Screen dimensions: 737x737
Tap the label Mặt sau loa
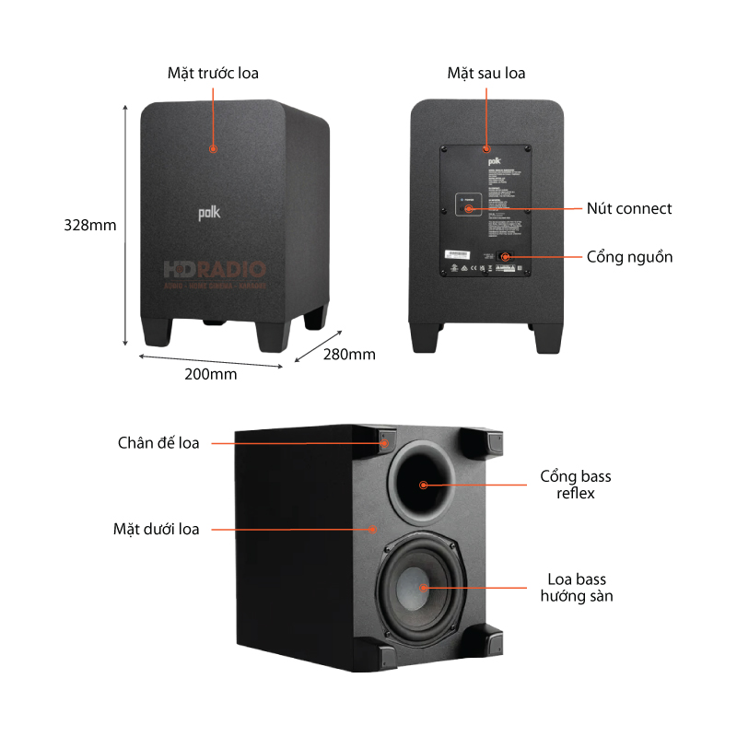point(486,73)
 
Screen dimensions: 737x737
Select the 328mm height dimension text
point(89,224)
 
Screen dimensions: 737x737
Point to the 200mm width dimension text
point(211,374)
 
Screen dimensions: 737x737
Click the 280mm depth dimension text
point(349,354)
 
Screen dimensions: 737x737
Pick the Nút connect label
point(629,208)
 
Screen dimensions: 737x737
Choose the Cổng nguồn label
point(629,256)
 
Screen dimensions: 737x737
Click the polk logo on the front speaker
point(211,213)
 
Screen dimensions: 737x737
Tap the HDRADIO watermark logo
point(215,270)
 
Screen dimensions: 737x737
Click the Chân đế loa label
point(158,443)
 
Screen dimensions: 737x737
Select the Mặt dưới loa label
point(156,529)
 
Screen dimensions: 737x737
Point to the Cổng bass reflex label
point(576,485)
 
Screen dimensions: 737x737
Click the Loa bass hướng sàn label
point(577,588)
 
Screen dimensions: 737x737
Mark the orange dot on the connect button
point(469,209)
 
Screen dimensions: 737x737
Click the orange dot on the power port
point(504,257)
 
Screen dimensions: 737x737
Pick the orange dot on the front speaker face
point(213,147)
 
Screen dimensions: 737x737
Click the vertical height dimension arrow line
point(125,224)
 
